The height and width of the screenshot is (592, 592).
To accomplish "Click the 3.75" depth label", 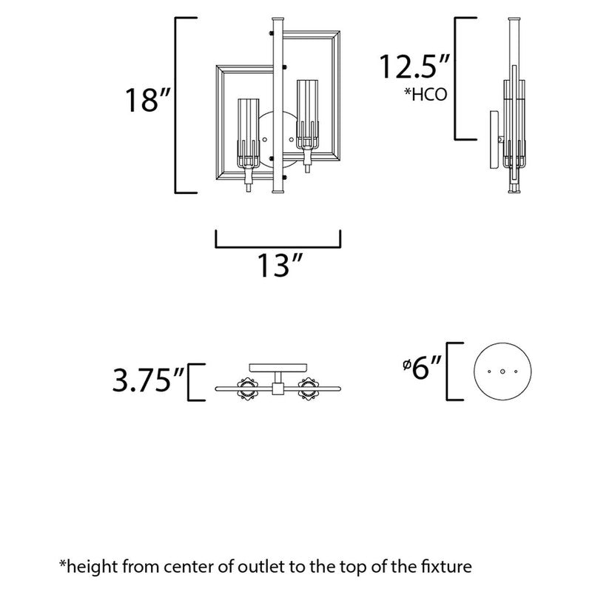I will pyautogui.click(x=147, y=383).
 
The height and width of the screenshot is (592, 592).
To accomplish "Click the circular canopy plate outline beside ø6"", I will pyautogui.click(x=502, y=371).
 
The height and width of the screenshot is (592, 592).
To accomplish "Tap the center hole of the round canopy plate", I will pyautogui.click(x=502, y=371).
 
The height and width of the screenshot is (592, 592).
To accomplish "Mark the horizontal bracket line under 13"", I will pyautogui.click(x=278, y=246).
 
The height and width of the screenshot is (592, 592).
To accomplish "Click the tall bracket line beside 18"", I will pyautogui.click(x=176, y=104).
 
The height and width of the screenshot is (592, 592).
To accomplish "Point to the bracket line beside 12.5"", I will pyautogui.click(x=457, y=78).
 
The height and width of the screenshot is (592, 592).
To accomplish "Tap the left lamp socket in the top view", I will pyautogui.click(x=246, y=387).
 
